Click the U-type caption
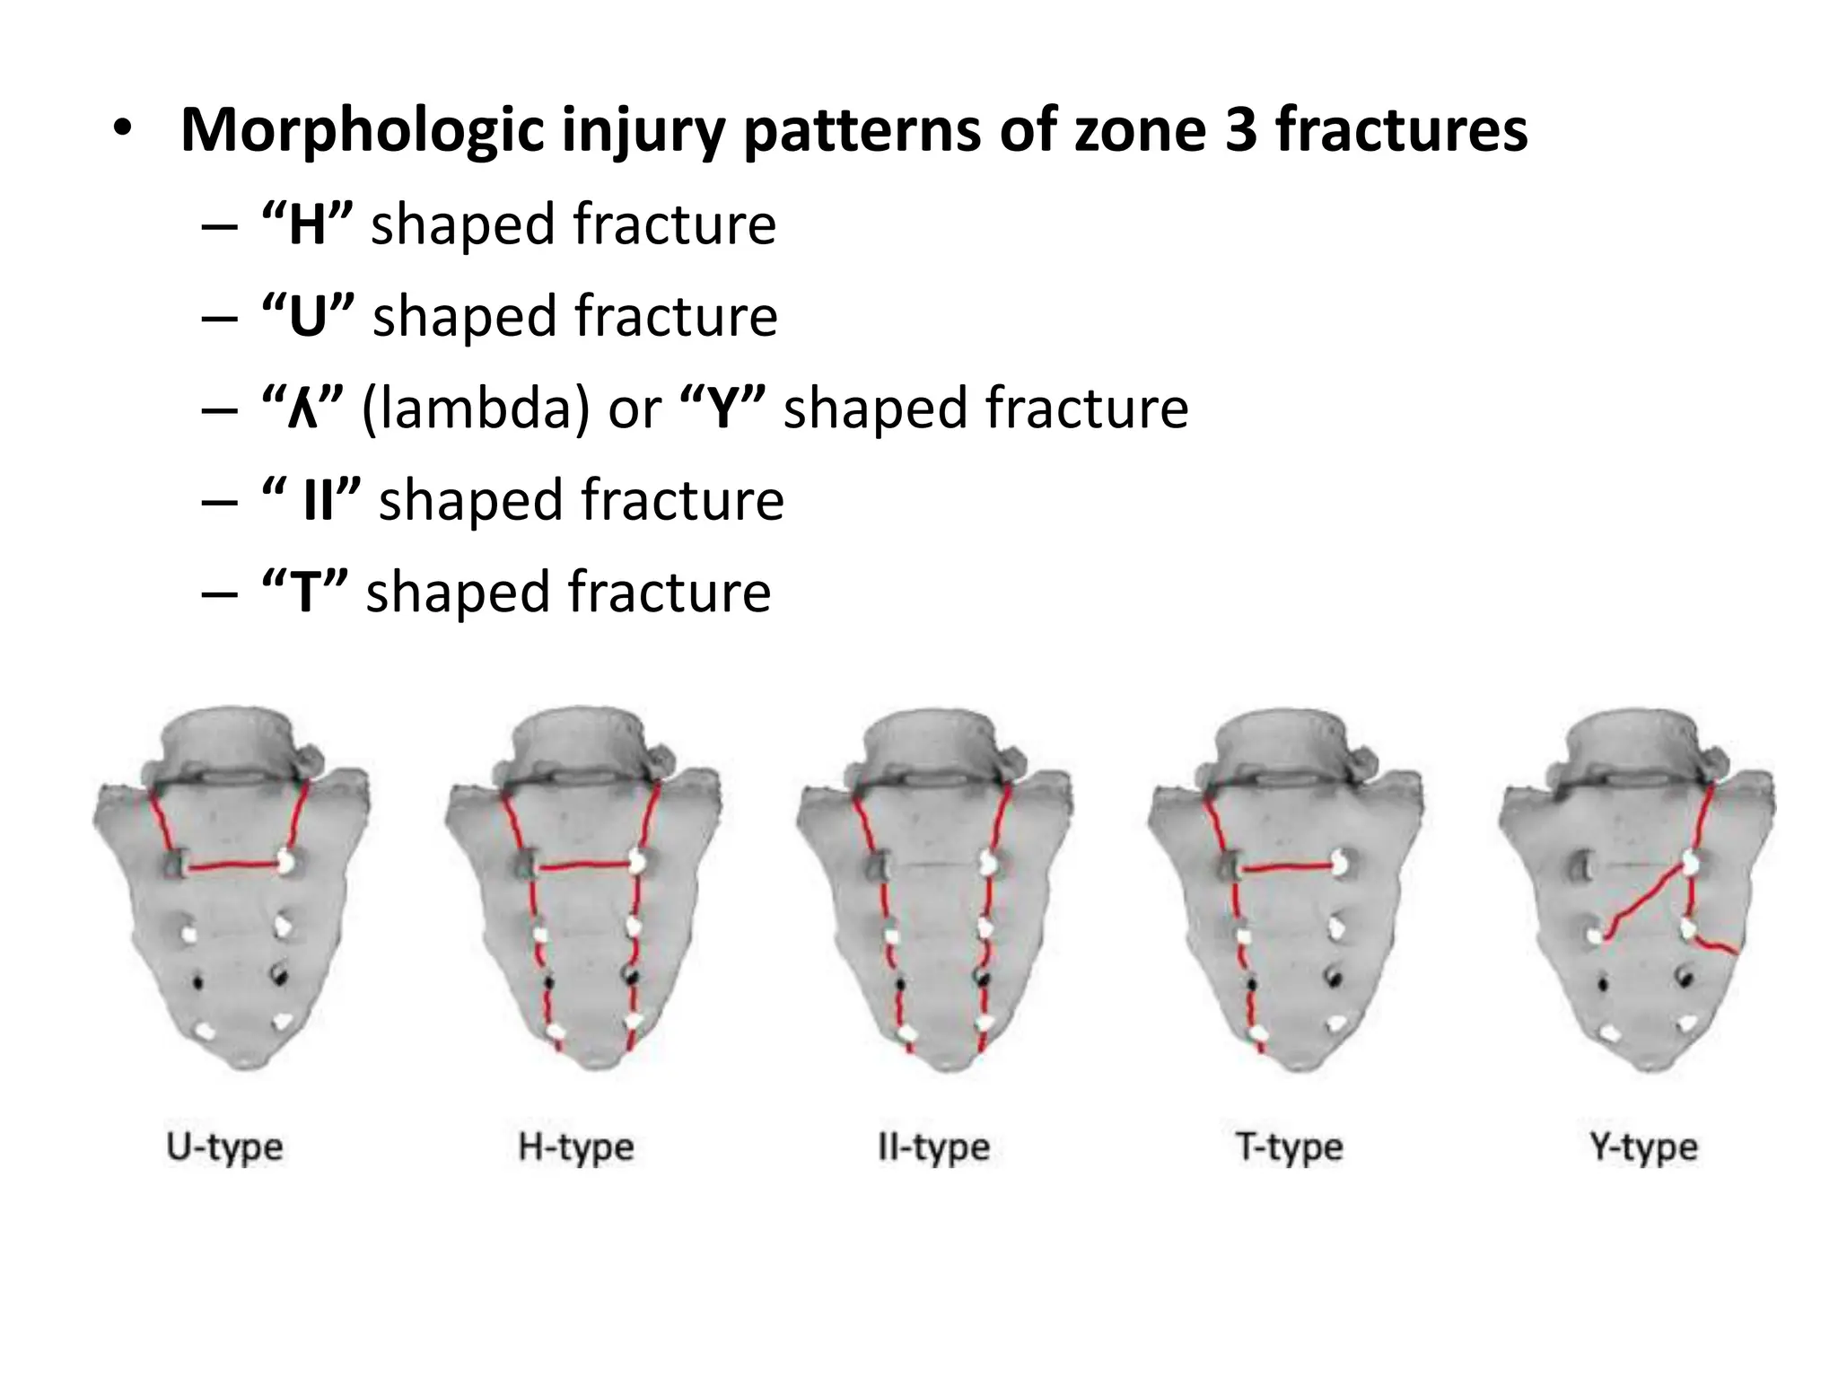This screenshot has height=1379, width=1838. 224,1148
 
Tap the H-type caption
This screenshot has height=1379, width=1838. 576,1148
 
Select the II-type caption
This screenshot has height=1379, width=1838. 933,1148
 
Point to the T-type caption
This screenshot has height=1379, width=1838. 1289,1148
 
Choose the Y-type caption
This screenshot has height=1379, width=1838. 1644,1148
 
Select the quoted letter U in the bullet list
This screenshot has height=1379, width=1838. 308,317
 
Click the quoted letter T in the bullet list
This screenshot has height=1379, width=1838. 304,593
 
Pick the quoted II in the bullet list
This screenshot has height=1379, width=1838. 319,501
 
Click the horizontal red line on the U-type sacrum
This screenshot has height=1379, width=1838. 235,866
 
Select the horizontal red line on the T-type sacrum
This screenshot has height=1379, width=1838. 1288,867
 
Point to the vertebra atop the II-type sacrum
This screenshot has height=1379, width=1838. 933,745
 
